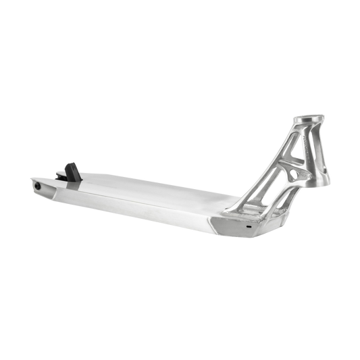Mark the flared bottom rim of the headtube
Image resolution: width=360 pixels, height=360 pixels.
pyautogui.click(x=325, y=181)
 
